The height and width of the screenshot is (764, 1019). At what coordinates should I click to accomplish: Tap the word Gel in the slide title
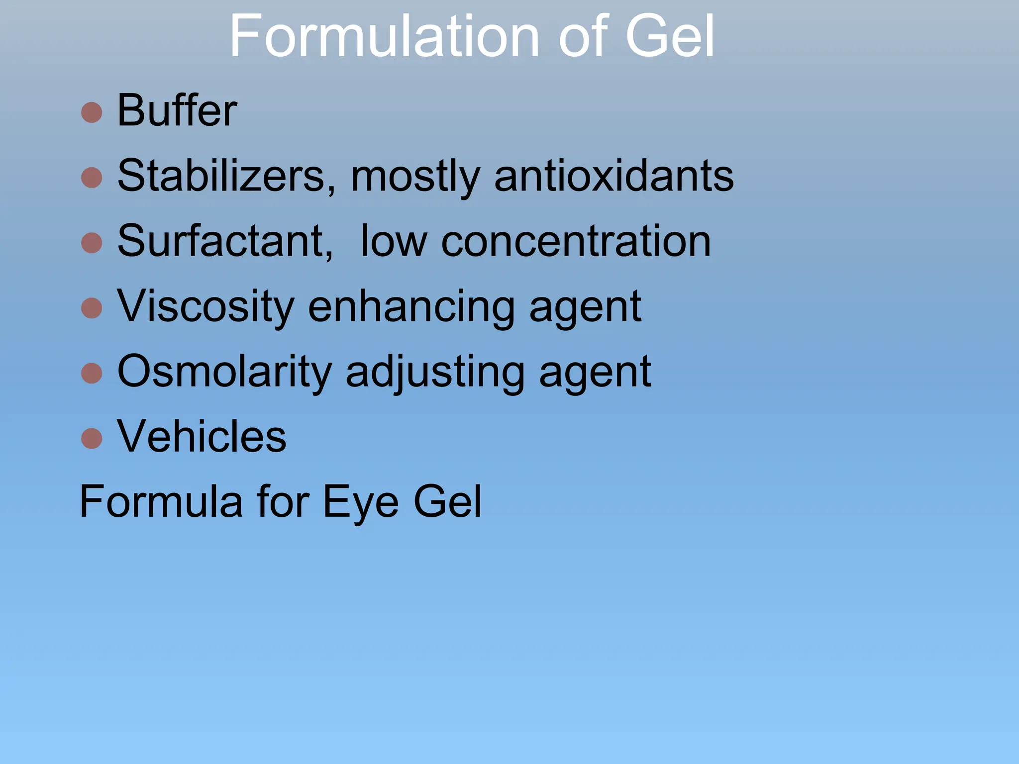click(670, 36)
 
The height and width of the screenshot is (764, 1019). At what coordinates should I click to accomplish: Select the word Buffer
click(177, 110)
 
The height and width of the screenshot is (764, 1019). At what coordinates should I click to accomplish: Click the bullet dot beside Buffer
click(92, 112)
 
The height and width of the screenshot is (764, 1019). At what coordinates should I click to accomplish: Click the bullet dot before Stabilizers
click(92, 178)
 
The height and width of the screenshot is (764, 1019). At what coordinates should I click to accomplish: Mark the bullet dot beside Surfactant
click(92, 243)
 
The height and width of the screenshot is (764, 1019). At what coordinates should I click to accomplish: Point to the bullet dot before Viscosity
click(92, 308)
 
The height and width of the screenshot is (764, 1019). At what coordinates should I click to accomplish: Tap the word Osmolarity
click(224, 372)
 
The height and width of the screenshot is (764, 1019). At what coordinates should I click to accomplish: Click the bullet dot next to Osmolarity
click(92, 373)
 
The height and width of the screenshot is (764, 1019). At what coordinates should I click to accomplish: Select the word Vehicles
click(202, 436)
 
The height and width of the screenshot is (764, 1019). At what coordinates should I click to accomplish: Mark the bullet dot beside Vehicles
click(92, 438)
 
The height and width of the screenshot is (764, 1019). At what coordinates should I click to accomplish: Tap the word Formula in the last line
click(161, 501)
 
